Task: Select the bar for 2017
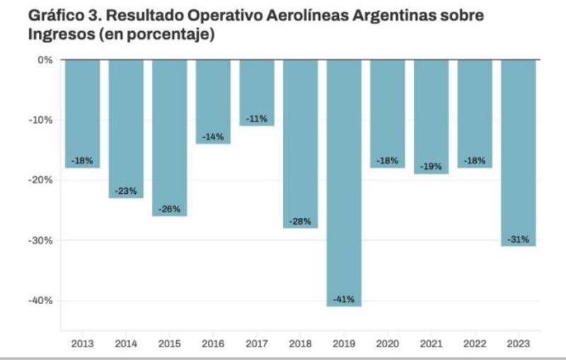click(257, 92)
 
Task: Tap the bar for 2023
click(519, 152)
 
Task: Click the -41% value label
click(344, 298)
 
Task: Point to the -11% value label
click(257, 119)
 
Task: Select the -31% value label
click(519, 239)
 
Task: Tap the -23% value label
click(126, 191)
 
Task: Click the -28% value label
click(301, 221)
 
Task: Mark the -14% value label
click(213, 137)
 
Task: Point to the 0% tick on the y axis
click(45, 60)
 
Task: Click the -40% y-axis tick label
click(41, 301)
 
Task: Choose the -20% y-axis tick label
click(41, 180)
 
